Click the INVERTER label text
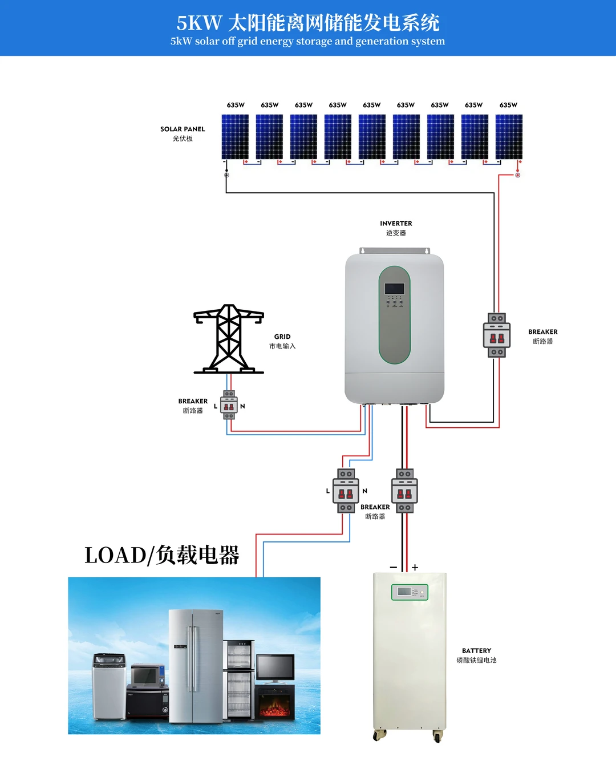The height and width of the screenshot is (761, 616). point(396,224)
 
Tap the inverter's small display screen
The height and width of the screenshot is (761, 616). point(394,289)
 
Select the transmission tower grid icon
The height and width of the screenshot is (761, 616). point(229,339)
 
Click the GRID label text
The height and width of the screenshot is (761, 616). point(282,337)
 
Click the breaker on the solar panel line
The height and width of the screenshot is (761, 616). point(497,335)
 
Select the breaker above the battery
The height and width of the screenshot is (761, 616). point(404,491)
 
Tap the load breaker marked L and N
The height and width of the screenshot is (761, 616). point(346,491)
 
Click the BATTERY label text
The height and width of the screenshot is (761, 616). point(476,651)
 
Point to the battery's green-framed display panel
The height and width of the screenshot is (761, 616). point(410,592)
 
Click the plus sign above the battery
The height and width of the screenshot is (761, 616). point(415,568)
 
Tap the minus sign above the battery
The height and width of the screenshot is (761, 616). point(394,568)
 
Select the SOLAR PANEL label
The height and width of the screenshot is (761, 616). point(183,129)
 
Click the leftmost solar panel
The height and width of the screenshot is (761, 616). point(235,137)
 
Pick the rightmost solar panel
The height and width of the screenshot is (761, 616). point(509,137)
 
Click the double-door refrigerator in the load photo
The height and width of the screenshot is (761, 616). point(195,665)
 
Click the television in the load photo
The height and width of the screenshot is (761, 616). point(275,667)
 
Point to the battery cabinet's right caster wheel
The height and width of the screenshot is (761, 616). point(437,736)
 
